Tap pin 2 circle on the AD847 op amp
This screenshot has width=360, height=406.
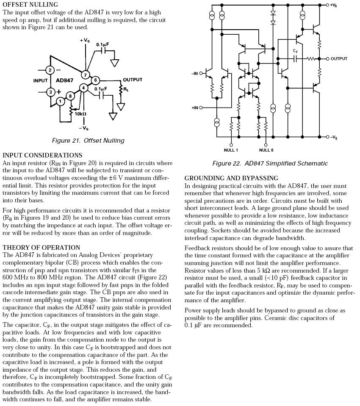click(x=50, y=70)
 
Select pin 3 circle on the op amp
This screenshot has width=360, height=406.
click(x=50, y=91)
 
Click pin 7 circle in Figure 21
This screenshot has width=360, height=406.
click(x=86, y=75)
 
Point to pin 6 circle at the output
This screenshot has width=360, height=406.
click(x=96, y=80)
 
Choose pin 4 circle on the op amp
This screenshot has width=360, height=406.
click(x=84, y=88)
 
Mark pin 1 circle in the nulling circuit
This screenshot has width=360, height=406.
click(x=61, y=101)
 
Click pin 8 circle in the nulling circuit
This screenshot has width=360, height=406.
click(x=70, y=96)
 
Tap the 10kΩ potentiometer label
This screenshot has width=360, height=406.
click(x=80, y=114)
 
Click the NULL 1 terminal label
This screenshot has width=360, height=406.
click(x=231, y=150)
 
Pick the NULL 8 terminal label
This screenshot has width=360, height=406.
click(x=266, y=150)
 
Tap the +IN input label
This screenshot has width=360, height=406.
click(x=195, y=108)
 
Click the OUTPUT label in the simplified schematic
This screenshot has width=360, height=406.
click(x=339, y=59)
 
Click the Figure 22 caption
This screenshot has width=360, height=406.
click(x=270, y=163)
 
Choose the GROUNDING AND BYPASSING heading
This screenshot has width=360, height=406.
click(x=231, y=178)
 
